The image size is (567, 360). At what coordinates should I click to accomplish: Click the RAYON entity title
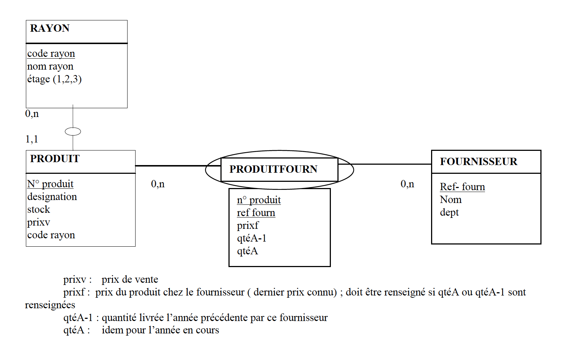[x=50, y=28]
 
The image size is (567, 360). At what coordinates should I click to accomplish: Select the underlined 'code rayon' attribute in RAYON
[x=51, y=54]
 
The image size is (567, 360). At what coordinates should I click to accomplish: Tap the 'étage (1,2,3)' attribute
[x=54, y=79]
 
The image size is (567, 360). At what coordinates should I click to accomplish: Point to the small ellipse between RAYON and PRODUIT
[x=73, y=132]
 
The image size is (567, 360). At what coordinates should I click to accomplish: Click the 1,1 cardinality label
[x=32, y=139]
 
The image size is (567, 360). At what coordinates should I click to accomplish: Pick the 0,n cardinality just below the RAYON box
[x=32, y=114]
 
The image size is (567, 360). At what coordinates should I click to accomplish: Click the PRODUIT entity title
[x=55, y=159]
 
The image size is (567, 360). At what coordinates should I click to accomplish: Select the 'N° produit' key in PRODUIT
[x=50, y=184]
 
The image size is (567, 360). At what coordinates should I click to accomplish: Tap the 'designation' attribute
[x=52, y=197]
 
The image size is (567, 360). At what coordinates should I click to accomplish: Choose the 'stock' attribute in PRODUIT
[x=39, y=210]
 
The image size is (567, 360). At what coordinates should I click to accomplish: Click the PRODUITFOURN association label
[x=273, y=169]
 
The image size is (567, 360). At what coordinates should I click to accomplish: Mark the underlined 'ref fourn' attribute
[x=256, y=213]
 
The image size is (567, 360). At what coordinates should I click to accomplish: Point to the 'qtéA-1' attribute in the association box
[x=251, y=238]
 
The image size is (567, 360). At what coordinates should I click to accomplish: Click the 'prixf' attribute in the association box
[x=248, y=226]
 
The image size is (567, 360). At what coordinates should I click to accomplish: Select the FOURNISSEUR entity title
[x=479, y=161]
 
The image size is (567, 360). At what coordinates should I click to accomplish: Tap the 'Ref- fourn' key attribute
[x=462, y=187]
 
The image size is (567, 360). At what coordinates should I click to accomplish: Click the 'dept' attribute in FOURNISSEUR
[x=449, y=212]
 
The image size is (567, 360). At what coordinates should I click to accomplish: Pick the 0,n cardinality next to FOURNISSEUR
[x=407, y=184]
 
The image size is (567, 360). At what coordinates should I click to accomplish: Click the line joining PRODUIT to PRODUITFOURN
[x=178, y=166]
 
